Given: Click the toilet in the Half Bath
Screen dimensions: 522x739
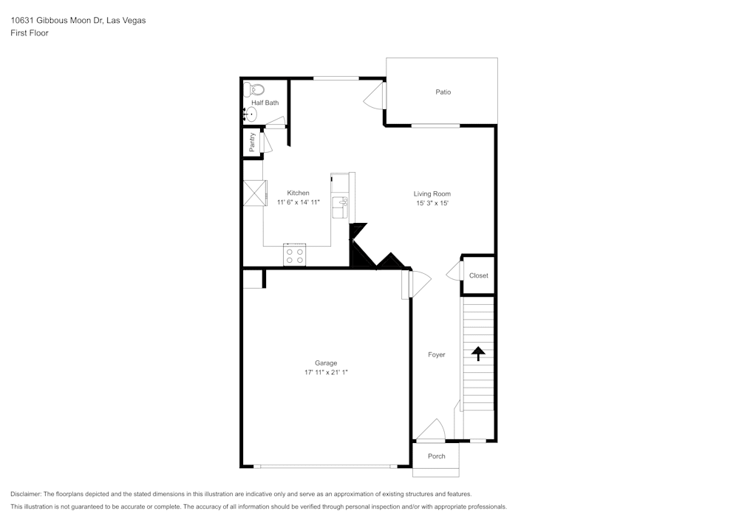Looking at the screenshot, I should (256, 90).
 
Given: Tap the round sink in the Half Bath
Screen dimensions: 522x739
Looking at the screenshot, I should (251, 114).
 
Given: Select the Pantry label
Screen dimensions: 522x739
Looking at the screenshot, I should (252, 142).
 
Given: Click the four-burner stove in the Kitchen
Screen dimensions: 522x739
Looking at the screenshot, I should (294, 255).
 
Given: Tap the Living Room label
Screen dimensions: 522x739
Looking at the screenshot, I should (432, 193).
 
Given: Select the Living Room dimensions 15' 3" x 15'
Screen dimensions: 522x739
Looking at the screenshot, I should (432, 203).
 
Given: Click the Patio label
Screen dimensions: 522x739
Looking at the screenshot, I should (443, 92).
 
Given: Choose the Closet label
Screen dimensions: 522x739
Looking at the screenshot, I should (478, 275).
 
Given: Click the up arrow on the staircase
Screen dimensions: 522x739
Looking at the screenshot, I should (478, 354).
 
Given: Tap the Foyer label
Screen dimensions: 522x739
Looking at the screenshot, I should (437, 355).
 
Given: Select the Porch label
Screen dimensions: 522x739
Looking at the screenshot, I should (437, 456).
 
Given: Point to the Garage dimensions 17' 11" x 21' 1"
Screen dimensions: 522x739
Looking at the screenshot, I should (326, 373).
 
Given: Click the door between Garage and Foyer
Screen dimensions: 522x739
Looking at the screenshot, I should (415, 284).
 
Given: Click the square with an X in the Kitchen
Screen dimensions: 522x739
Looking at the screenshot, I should (253, 193).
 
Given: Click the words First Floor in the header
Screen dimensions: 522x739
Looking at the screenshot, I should (30, 33).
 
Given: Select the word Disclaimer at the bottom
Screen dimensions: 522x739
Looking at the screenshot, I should (26, 494).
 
